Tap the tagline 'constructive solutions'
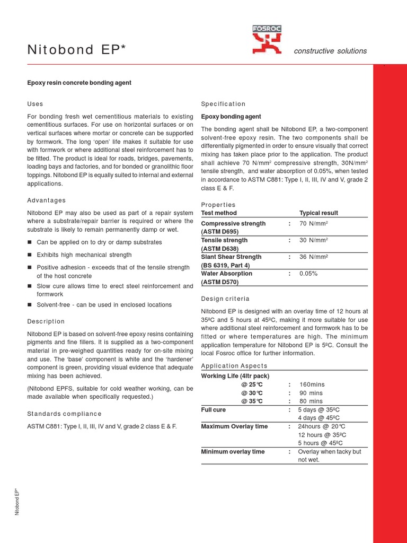(330, 51)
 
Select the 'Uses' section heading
(35, 104)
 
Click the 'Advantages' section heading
(47, 200)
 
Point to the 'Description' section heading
(46, 321)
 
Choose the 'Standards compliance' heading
(64, 414)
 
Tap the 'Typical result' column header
(318, 213)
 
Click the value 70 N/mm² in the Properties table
(314, 224)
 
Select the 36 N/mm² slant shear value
(314, 257)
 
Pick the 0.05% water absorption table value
(308, 274)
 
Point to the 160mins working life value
(312, 384)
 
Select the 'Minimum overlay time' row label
(233, 452)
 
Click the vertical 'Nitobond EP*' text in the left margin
(17, 502)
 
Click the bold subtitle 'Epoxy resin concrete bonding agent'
(79, 83)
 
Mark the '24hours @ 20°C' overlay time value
(322, 426)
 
